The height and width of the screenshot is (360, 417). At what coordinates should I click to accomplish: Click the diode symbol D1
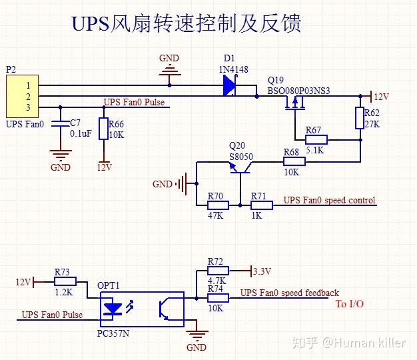coord(229,85)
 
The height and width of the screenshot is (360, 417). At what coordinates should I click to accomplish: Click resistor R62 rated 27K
coord(360,118)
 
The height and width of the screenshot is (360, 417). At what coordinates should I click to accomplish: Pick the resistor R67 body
coord(316,140)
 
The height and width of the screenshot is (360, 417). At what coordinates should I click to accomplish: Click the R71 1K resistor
coord(261,206)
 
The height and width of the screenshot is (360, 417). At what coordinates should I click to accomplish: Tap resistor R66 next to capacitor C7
coord(102,128)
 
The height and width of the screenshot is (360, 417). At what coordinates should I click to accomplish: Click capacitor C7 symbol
coord(61,125)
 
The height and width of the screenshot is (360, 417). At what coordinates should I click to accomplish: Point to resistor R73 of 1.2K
coord(65,282)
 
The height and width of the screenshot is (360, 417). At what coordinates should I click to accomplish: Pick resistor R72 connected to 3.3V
coord(218,271)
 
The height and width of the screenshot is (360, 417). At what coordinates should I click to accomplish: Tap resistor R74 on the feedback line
coord(218,298)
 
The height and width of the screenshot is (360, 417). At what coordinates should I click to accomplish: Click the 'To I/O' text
coord(349,304)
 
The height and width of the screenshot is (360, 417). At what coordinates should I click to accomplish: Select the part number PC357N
coord(113,331)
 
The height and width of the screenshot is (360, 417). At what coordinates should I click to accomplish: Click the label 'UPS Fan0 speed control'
coord(329,200)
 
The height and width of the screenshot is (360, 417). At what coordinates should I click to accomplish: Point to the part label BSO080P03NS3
coord(298,91)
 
